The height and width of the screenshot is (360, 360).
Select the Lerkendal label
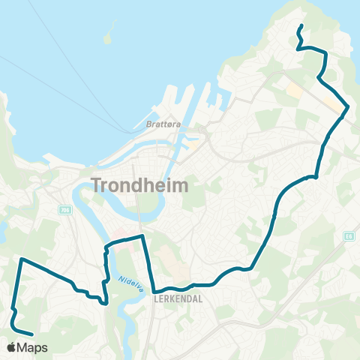174,297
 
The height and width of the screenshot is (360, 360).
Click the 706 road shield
65,210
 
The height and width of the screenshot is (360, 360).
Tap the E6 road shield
349,235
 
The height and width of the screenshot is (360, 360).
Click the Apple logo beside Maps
13,347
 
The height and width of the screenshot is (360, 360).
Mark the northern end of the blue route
301,26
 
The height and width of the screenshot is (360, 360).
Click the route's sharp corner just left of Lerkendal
154,292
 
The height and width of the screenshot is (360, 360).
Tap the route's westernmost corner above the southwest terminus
22,259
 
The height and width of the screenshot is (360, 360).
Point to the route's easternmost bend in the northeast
348,110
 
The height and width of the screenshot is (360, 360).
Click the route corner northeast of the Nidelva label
142,236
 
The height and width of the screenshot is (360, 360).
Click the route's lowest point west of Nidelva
106,303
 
